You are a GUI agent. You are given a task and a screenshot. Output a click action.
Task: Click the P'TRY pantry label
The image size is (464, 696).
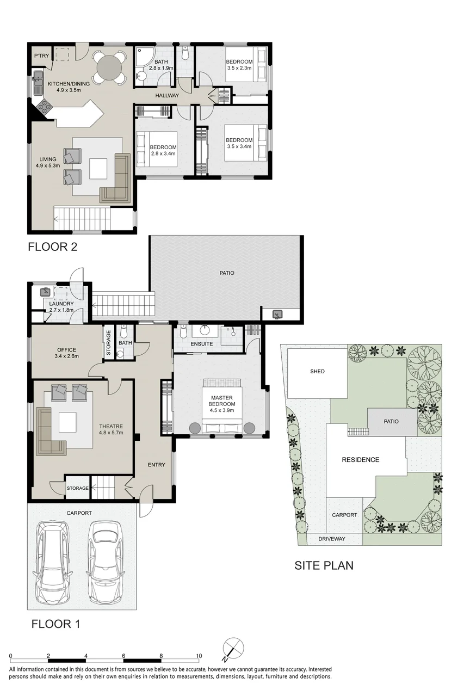click(x=42, y=56)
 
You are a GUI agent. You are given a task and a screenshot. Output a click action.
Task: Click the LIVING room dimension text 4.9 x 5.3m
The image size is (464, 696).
click(x=48, y=165)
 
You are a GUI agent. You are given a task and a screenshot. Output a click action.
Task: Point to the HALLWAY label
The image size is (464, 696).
click(x=167, y=95)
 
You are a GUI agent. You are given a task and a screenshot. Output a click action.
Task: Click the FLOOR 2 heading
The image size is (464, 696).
click(x=52, y=247)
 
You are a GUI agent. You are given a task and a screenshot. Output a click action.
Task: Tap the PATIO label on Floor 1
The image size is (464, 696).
click(x=227, y=273)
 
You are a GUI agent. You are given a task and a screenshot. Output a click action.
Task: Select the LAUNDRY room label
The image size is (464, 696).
click(x=61, y=304)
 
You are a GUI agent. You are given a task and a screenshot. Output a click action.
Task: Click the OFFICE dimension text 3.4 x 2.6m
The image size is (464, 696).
click(x=67, y=356)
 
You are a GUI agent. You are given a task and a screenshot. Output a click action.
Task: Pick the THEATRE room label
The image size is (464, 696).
click(x=111, y=426)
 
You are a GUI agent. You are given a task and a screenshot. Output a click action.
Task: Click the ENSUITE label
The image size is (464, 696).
click(x=202, y=344)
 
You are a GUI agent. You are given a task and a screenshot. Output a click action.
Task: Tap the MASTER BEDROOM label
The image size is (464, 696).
click(x=222, y=401)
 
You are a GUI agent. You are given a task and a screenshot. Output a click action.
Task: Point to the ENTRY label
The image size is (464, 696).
click(x=156, y=465)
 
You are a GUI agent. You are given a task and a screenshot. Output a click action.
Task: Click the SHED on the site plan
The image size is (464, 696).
click(x=317, y=373)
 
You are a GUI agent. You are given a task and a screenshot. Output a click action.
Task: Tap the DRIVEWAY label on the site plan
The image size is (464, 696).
click(x=332, y=539)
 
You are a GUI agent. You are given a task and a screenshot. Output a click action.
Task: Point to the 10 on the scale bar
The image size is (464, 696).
click(x=199, y=656)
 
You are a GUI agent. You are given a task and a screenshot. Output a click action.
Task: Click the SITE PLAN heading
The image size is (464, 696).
click(x=324, y=565)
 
